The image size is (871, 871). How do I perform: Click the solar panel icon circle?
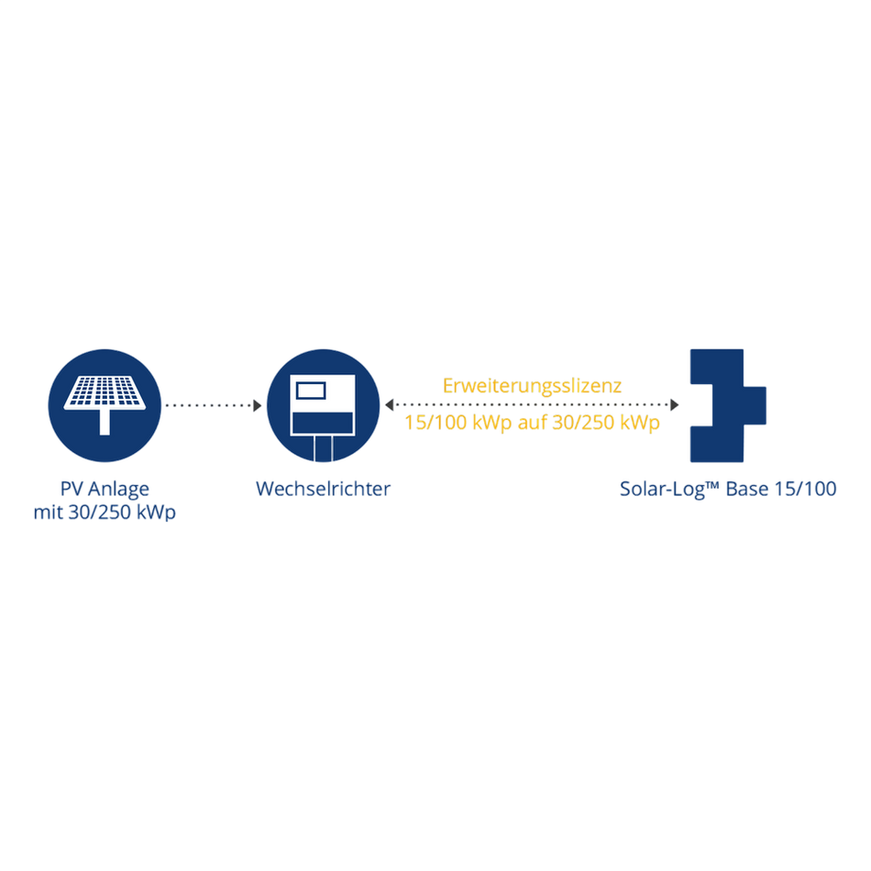tap(105, 405)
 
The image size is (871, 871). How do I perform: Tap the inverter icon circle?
tap(324, 405)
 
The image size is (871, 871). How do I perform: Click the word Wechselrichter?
tap(324, 489)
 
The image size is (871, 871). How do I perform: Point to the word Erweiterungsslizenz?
tap(532, 386)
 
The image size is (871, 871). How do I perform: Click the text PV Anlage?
tap(105, 489)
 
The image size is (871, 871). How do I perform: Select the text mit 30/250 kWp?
tap(105, 513)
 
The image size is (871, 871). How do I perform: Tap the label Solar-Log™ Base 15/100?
tap(728, 489)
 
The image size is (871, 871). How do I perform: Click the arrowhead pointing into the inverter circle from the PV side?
tap(258, 405)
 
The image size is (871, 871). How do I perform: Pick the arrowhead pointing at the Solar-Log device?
tap(675, 405)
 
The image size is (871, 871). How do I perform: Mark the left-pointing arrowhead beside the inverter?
tap(389, 405)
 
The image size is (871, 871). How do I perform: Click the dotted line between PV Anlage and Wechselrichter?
tap(209, 405)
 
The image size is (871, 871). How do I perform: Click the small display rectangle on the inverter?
tap(311, 391)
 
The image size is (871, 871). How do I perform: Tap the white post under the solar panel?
tap(105, 422)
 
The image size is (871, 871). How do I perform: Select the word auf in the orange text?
tap(532, 423)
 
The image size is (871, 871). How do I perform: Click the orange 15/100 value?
tap(435, 423)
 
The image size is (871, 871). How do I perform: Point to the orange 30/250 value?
tap(583, 423)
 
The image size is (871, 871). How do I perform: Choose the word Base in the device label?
tap(747, 489)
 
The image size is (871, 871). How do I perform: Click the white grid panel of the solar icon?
tap(105, 392)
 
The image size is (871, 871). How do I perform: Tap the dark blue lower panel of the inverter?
tap(323, 423)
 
